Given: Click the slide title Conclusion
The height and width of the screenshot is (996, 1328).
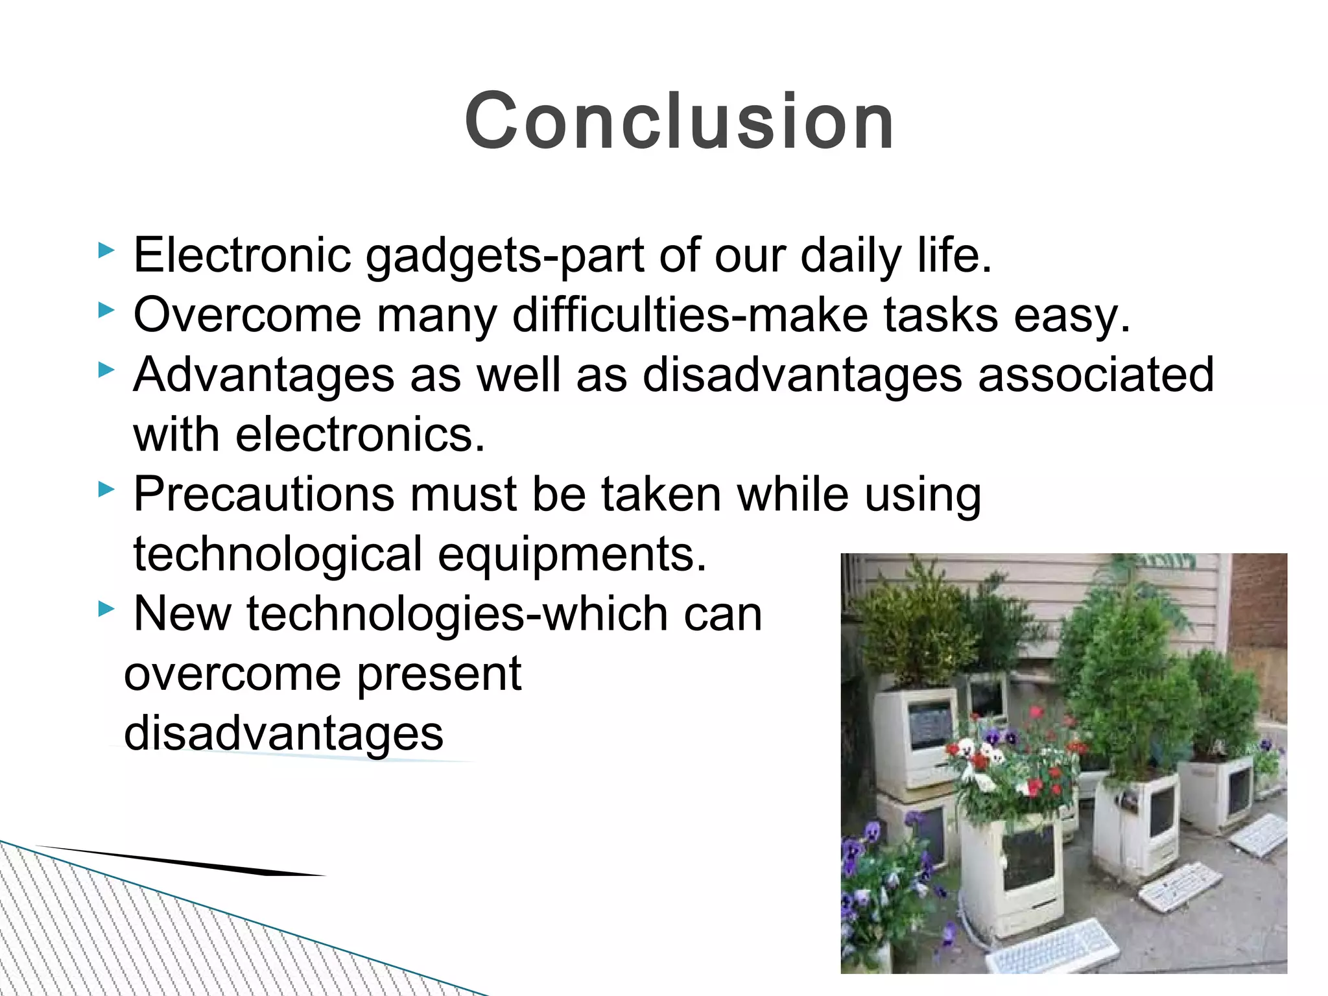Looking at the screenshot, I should tap(679, 121).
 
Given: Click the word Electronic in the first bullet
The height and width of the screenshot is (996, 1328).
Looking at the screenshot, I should tap(242, 255).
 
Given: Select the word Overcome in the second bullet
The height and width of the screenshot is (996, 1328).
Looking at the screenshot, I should tap(246, 315).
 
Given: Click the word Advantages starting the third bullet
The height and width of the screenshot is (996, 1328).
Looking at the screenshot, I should tap(263, 375).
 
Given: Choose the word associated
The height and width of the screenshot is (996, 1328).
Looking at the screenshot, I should tap(1095, 374).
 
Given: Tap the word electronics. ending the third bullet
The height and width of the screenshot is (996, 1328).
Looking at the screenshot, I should tap(360, 434).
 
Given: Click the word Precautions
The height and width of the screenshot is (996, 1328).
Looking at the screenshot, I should tap(263, 494).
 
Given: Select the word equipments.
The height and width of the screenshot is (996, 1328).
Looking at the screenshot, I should tap(571, 555).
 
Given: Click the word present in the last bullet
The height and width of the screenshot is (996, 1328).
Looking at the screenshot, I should tap(439, 674).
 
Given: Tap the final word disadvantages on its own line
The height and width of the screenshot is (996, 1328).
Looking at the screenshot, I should tap(283, 734).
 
